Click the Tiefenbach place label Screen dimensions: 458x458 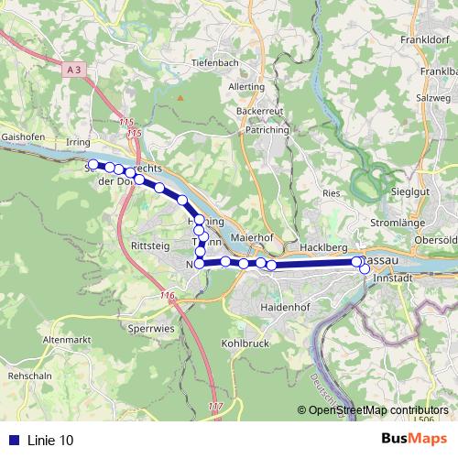point(216,63)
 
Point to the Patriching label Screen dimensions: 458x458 point(267,131)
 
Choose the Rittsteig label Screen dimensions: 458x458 point(151,246)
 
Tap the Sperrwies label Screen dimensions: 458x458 point(150,326)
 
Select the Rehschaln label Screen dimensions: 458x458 point(27,376)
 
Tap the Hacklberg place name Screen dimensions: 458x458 point(322,248)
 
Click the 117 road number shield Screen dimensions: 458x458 point(215,406)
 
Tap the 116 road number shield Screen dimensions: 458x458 point(166,295)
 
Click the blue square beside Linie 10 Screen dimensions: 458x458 point(13,441)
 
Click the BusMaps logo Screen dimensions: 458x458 point(413,440)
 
